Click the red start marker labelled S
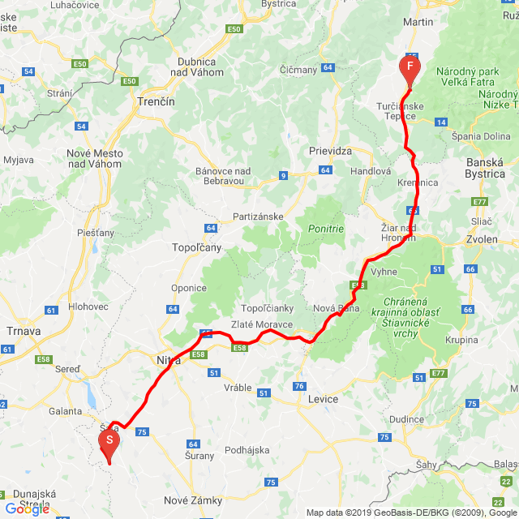point(109,441)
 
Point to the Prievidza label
point(330,152)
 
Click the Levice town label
point(322,399)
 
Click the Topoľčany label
point(191,247)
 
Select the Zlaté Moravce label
point(262,324)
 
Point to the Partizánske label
point(257,217)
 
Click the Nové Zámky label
point(193,500)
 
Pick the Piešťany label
point(97,233)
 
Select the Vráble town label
point(238,388)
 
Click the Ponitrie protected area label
point(326,229)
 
